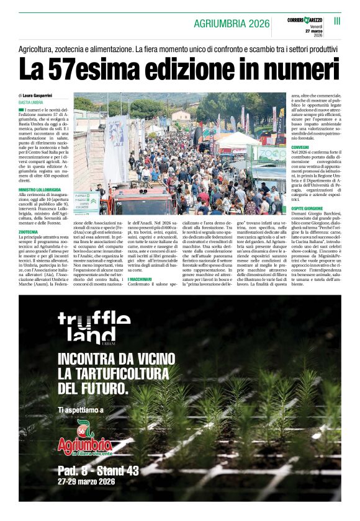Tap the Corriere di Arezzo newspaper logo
click(x=305, y=21)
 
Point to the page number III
click(x=337, y=21)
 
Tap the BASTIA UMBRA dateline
click(x=30, y=102)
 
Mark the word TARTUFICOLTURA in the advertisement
click(x=134, y=374)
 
